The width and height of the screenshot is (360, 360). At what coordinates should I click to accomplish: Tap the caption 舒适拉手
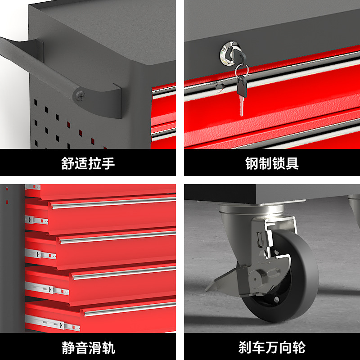click(x=88, y=163)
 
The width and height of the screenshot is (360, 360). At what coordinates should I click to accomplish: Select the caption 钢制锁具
click(x=272, y=163)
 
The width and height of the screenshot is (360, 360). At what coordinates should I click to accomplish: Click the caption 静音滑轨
click(x=88, y=347)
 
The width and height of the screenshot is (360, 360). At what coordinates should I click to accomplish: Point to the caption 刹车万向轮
click(x=272, y=347)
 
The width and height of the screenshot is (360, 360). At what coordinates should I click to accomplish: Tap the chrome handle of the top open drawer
click(x=112, y=203)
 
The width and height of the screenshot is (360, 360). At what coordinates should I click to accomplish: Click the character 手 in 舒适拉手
click(x=108, y=163)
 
